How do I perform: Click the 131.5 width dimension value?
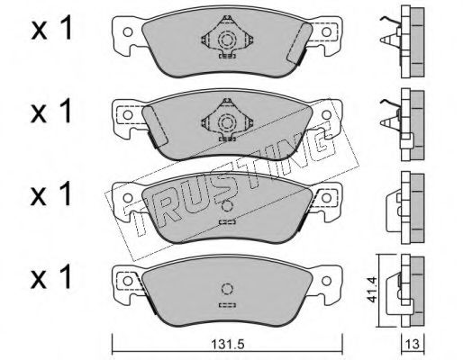228,344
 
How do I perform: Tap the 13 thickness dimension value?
413,344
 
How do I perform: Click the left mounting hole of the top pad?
128,32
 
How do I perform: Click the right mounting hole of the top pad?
327,31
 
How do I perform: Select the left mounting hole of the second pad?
128,115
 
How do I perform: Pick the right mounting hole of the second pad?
327,114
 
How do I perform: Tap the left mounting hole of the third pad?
128,198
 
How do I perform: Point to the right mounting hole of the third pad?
327,198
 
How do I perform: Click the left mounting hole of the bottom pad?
128,281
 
